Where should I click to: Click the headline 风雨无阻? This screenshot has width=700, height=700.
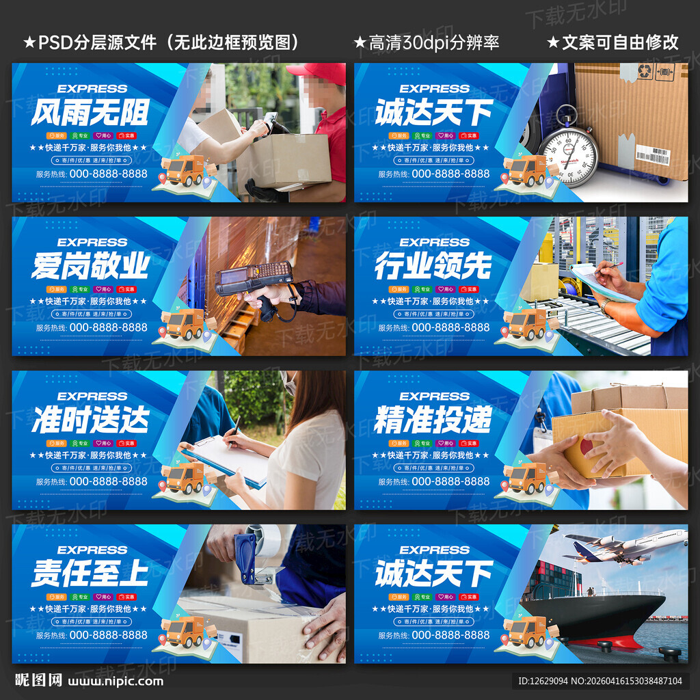pos(90,112)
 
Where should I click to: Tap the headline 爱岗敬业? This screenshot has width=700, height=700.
pos(90,266)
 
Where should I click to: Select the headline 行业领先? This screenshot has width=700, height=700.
pos(433,266)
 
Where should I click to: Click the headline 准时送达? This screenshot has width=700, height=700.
pos(90,420)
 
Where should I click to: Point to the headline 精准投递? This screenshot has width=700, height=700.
pos(433,420)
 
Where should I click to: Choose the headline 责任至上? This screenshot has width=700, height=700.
pos(90,574)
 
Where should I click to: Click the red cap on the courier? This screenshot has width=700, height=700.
pos(317,72)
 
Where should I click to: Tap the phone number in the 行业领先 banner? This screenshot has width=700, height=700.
pos(450,327)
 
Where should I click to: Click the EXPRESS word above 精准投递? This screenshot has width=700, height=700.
pos(434,396)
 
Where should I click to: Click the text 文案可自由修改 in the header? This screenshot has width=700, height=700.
pos(619,42)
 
